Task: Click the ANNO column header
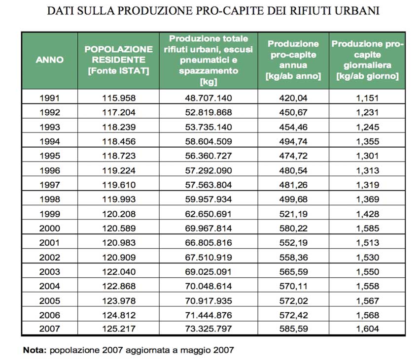tap(50, 60)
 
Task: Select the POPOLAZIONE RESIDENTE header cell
tap(119, 60)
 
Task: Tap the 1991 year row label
tap(50, 98)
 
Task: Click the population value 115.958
tap(119, 98)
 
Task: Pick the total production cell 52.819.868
tap(209, 112)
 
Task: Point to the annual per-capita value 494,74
tap(293, 141)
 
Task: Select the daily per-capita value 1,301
tap(367, 156)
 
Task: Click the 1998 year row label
tap(50, 199)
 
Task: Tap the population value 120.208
tap(119, 214)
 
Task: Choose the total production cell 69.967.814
tap(209, 229)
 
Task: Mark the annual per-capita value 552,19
tap(293, 243)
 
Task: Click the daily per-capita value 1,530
tap(367, 258)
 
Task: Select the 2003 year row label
tap(50, 272)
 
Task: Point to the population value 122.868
tap(119, 286)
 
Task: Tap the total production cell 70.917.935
tap(209, 301)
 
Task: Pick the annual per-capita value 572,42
tap(293, 315)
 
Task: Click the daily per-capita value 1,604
tap(367, 329)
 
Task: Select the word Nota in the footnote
tap(35, 350)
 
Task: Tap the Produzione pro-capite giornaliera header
tap(367, 60)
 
